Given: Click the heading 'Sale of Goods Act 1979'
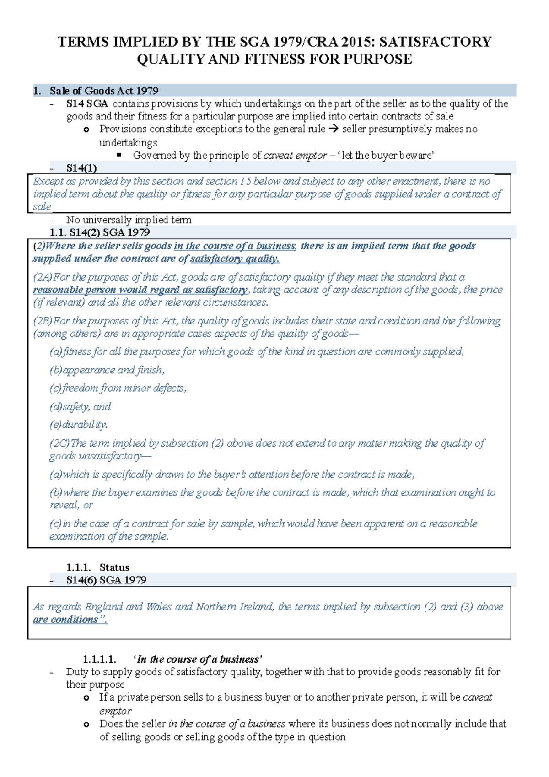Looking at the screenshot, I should [104, 91].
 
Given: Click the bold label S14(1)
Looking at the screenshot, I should [81, 168].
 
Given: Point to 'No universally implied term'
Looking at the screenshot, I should [129, 220].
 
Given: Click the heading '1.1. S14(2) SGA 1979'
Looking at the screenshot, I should [99, 232].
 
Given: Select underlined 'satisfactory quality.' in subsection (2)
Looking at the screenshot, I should [235, 259].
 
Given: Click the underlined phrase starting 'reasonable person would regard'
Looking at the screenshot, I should [140, 290].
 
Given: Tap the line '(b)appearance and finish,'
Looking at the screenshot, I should [107, 370].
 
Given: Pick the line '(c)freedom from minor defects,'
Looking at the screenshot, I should [118, 388].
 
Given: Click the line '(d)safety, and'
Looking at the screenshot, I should [80, 407].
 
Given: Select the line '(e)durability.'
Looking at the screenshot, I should [79, 425].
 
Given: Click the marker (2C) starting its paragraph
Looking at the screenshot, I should [59, 443].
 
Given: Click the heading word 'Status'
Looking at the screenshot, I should [114, 567].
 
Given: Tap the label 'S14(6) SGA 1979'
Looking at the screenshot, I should [106, 580].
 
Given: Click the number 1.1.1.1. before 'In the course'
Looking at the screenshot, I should [99, 659].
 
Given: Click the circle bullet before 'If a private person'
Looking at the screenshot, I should [86, 698].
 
